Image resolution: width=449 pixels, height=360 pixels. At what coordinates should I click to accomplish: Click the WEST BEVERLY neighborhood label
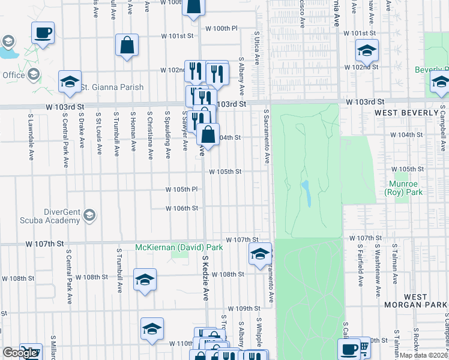click(406, 113)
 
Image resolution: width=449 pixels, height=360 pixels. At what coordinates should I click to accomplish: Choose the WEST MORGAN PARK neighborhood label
click(415, 301)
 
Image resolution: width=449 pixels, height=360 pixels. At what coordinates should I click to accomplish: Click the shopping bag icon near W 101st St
click(127, 45)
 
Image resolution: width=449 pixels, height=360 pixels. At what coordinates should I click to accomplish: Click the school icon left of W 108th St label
click(145, 280)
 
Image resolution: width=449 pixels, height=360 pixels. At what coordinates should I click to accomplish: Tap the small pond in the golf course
click(307, 193)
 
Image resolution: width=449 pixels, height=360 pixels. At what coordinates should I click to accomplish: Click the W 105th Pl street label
click(182, 190)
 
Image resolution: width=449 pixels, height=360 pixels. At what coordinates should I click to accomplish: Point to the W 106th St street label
click(182, 208)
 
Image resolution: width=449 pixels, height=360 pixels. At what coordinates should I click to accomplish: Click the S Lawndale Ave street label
click(30, 135)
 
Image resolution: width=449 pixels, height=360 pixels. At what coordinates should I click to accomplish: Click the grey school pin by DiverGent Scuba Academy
click(89, 215)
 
